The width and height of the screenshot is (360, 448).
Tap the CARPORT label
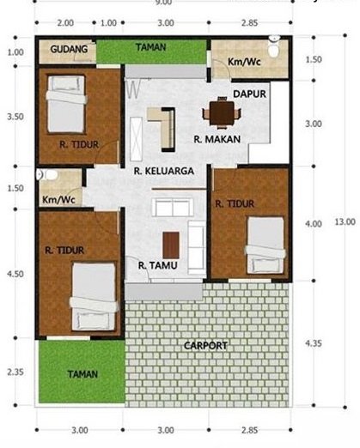pyautogui.click(x=205, y=345)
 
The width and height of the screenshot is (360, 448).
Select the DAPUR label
pyautogui.click(x=250, y=93)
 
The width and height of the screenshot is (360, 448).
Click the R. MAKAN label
pyautogui.click(x=217, y=138)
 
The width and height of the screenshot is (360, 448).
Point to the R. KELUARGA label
pyautogui.click(x=163, y=171)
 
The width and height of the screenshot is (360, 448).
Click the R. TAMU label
pyautogui.click(x=157, y=265)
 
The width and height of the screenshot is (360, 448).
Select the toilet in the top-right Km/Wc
pyautogui.click(x=274, y=48)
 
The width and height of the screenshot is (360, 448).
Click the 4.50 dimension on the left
pyautogui.click(x=15, y=274)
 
